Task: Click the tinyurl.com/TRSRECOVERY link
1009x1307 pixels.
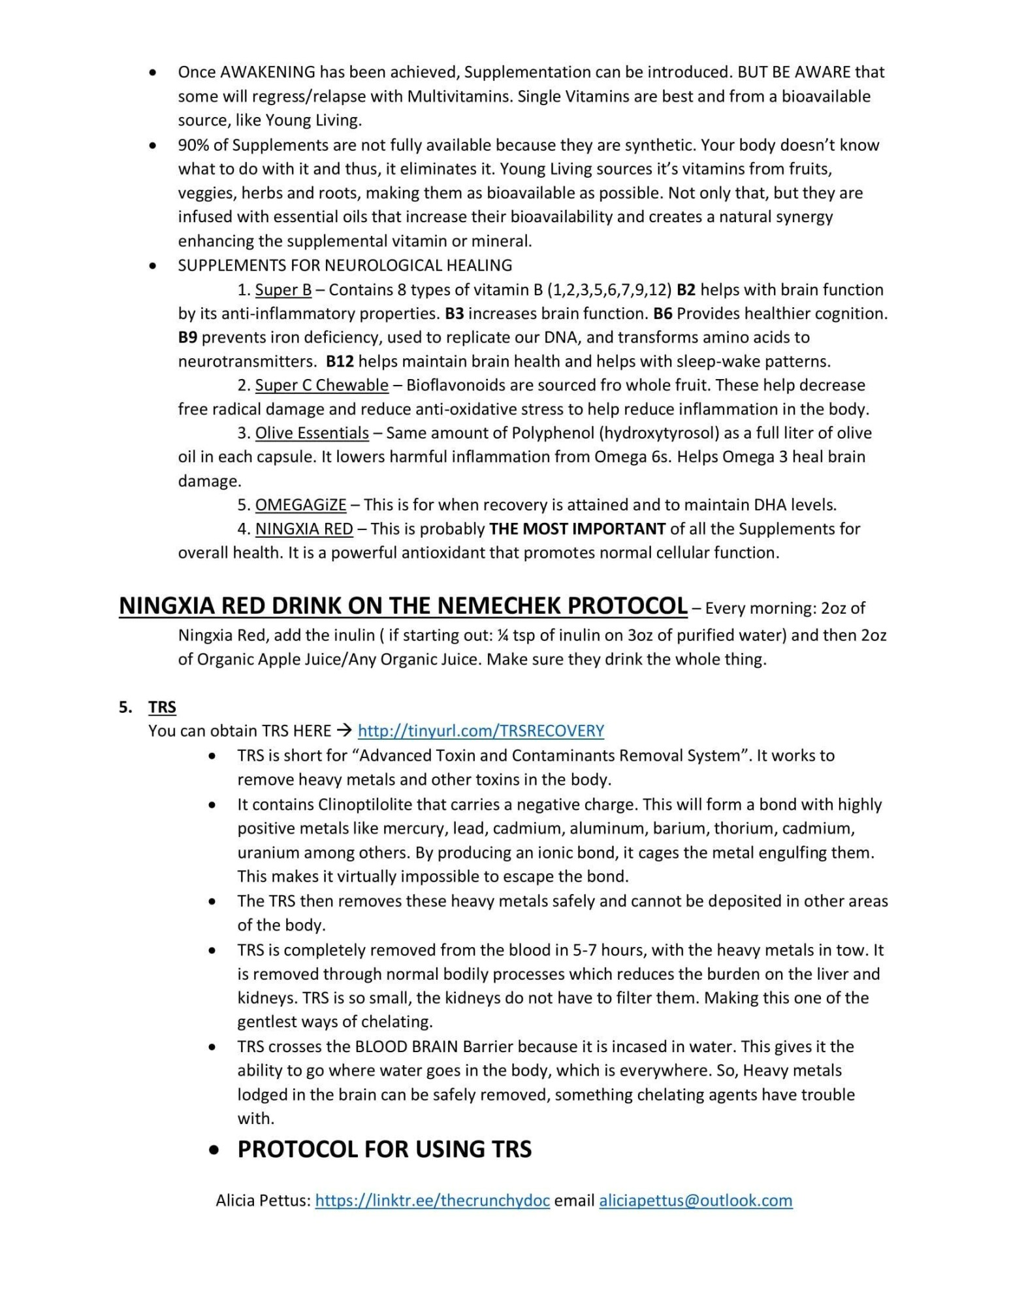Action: (x=481, y=731)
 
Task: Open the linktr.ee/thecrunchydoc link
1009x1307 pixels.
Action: (x=432, y=1200)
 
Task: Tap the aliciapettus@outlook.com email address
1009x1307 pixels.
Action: (x=696, y=1200)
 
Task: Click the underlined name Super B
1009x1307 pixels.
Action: (x=283, y=290)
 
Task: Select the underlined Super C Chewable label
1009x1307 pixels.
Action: (x=321, y=385)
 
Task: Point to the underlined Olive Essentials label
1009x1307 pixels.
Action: (x=312, y=433)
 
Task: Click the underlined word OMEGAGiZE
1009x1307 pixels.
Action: (x=300, y=505)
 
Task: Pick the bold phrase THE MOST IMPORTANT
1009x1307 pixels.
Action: (x=577, y=529)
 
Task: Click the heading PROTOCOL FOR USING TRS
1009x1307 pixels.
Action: (x=384, y=1150)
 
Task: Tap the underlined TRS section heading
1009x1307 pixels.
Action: (x=162, y=707)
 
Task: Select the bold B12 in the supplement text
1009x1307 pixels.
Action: (x=340, y=361)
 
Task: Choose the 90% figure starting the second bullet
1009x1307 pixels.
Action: (x=193, y=145)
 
